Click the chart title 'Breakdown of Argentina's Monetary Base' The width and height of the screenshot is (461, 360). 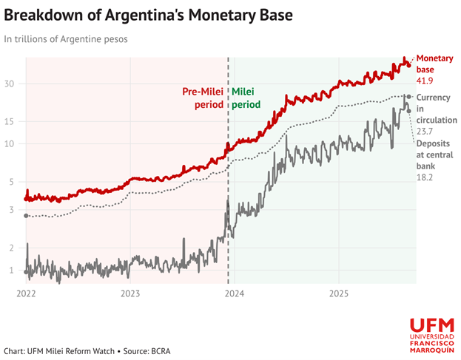tap(148, 14)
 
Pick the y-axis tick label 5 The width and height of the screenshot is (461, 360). tap(12, 181)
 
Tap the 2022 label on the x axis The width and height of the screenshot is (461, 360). tap(26, 292)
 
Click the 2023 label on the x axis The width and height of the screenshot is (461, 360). tap(130, 292)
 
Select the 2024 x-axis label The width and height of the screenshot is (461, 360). tap(235, 292)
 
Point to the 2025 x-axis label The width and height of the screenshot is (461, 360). tap(338, 292)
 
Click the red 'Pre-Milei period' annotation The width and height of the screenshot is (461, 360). tap(203, 98)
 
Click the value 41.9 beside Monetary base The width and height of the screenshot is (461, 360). tap(425, 81)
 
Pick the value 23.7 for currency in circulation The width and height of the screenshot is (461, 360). tap(425, 132)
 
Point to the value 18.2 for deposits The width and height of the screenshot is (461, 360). tap(425, 178)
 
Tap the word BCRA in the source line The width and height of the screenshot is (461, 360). tap(159, 350)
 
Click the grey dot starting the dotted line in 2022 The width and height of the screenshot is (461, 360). tap(27, 216)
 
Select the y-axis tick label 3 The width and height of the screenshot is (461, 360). tap(12, 210)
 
